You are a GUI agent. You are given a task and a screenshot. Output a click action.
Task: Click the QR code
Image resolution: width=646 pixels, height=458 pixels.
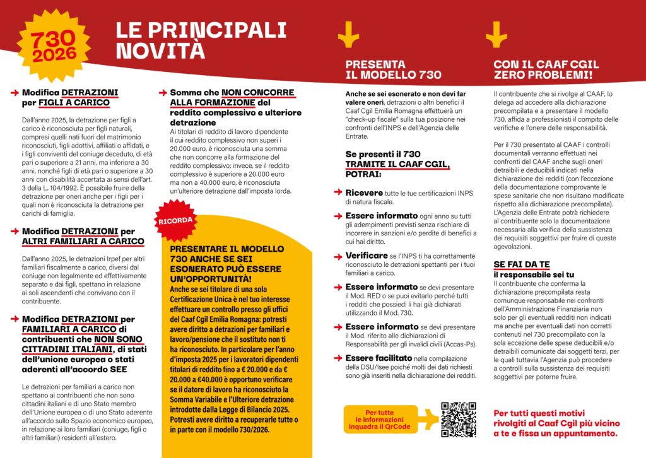[459, 420]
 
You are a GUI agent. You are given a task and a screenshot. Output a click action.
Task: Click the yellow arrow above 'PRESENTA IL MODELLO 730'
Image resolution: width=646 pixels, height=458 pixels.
[348, 35]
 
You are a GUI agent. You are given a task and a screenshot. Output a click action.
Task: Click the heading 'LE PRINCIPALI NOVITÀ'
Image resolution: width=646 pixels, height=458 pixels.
[200, 39]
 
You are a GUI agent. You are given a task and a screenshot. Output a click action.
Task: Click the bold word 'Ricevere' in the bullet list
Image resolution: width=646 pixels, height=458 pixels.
[363, 192]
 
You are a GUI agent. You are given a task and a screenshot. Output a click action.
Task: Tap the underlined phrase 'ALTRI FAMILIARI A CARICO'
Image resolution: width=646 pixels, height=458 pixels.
[83, 241]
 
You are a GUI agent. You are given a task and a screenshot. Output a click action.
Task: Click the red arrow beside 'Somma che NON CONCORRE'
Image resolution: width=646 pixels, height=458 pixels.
[163, 93]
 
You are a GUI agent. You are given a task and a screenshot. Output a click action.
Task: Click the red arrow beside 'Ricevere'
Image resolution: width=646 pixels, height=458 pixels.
[339, 192]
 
